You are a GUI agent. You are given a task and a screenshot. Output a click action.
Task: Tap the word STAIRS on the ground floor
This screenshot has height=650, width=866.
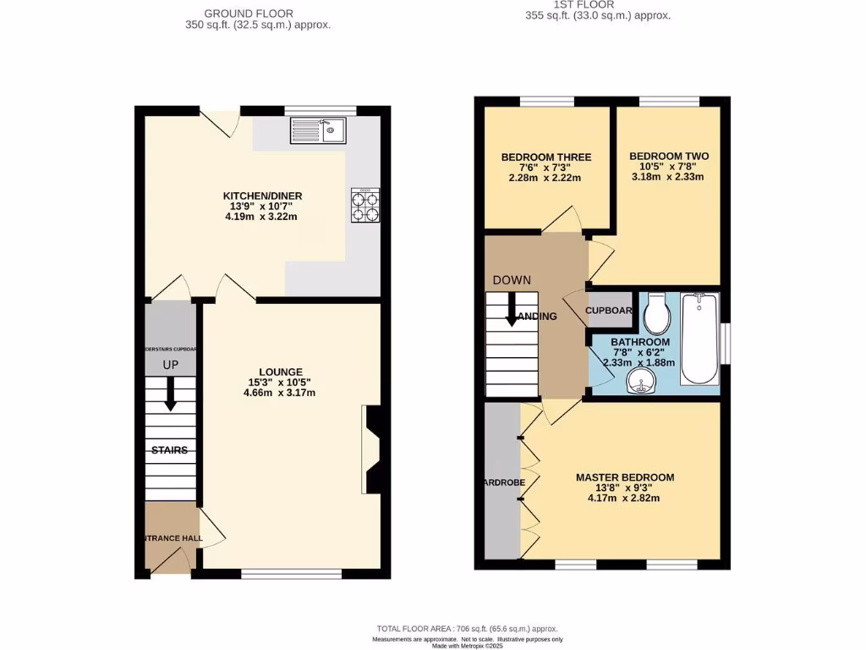(169, 450)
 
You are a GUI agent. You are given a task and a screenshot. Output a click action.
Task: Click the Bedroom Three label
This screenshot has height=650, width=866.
(545, 157)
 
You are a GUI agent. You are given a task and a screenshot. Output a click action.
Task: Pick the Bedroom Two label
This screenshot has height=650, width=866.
(668, 157)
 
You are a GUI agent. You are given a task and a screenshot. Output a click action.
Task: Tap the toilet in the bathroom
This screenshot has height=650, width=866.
(657, 316)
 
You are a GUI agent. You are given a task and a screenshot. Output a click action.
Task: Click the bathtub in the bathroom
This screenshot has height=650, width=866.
(699, 338)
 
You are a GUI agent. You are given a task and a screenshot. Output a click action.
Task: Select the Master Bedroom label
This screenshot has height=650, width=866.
(624, 477)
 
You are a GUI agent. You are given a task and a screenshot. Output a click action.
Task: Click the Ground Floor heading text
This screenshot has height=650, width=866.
(249, 14)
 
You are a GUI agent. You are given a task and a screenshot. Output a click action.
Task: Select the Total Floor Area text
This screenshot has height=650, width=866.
(467, 629)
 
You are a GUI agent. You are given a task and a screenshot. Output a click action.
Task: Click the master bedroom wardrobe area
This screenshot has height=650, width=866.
(501, 482)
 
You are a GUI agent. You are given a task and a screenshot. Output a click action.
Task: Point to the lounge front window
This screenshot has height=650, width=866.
(291, 574)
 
